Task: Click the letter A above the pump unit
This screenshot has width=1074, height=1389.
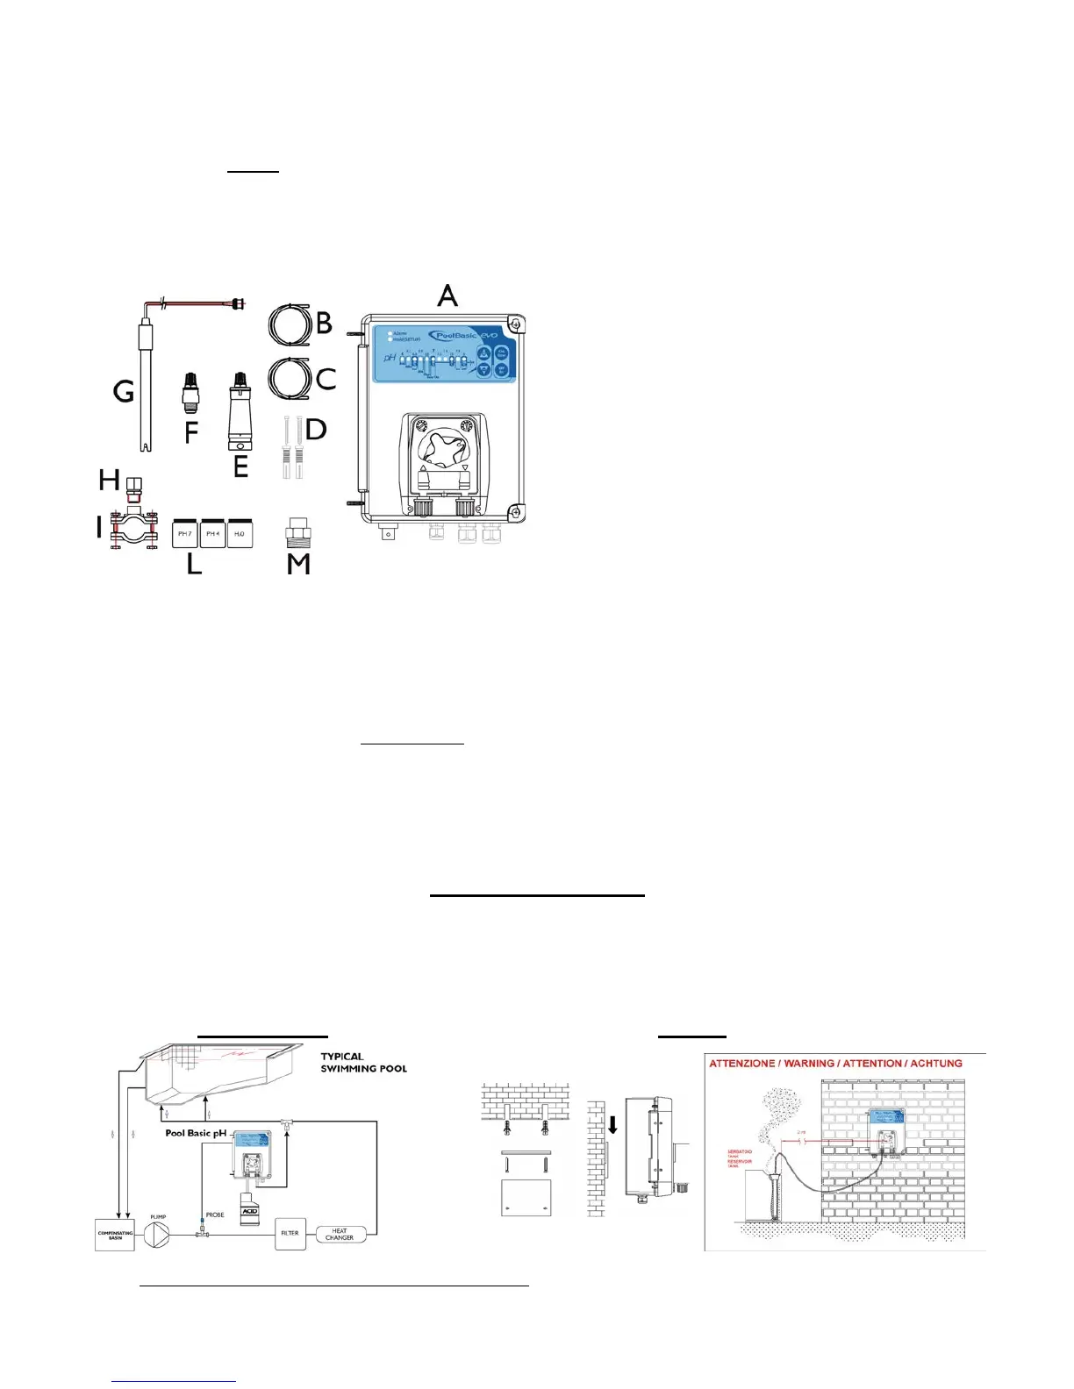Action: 447,296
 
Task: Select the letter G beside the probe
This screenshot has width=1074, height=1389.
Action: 124,390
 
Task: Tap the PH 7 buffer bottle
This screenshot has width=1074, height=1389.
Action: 185,533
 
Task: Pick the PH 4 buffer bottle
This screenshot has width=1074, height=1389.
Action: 212,533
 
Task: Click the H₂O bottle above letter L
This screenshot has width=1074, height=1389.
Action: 240,533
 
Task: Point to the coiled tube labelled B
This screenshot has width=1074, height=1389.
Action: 290,324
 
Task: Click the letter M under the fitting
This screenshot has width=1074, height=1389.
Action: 298,564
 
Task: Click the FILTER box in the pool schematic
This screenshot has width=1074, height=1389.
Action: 290,1233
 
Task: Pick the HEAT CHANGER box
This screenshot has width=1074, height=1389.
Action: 340,1234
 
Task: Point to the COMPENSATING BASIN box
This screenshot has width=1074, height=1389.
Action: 115,1235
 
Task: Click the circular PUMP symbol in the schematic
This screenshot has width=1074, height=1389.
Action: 158,1233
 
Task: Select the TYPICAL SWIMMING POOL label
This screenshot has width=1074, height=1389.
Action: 363,1063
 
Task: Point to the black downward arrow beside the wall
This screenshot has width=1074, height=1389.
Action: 612,1123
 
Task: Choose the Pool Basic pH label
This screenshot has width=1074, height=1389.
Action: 196,1133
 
